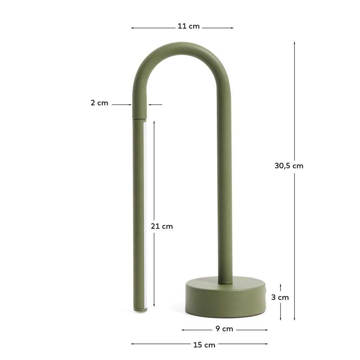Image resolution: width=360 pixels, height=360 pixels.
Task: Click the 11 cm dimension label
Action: [x=188, y=26]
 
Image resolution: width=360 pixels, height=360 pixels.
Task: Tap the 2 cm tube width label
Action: [x=99, y=103]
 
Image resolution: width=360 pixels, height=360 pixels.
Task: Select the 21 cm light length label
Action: [x=162, y=226]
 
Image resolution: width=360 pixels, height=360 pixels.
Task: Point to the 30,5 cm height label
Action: [x=289, y=166]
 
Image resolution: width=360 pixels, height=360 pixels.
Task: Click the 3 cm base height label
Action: [x=280, y=297]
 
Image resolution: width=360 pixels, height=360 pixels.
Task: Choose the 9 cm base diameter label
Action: [x=224, y=329]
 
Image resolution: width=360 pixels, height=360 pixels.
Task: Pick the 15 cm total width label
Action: [x=204, y=345]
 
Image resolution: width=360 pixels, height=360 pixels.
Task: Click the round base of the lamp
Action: [x=225, y=299]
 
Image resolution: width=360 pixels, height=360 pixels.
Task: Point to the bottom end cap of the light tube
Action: [x=140, y=309]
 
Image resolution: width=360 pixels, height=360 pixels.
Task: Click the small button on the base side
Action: [x=266, y=291]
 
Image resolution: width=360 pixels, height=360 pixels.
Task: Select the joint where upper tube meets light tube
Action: [x=139, y=119]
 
